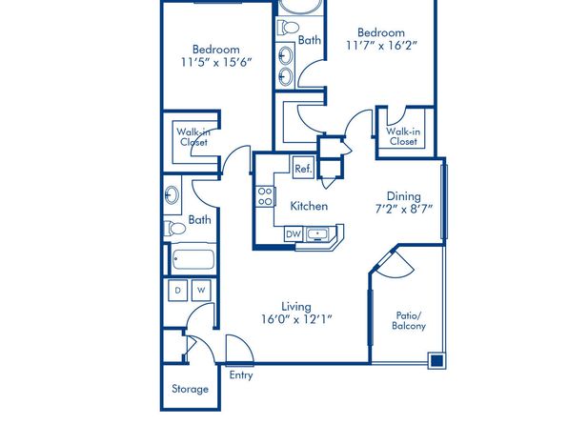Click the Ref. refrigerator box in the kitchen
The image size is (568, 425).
click(x=303, y=168)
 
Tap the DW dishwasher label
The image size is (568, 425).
click(x=294, y=234)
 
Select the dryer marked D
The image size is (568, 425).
click(x=178, y=291)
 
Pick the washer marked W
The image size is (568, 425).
click(x=201, y=291)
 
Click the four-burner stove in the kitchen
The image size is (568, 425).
click(x=265, y=196)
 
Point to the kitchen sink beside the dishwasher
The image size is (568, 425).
click(x=317, y=234)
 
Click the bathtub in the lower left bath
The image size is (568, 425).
click(x=193, y=259)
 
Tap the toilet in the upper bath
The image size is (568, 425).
click(x=288, y=28)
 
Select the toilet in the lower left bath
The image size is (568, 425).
click(x=174, y=229)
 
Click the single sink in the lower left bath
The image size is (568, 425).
click(x=172, y=195)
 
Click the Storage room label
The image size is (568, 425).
click(x=191, y=389)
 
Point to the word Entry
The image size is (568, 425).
click(x=241, y=375)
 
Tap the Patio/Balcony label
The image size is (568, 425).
click(x=409, y=320)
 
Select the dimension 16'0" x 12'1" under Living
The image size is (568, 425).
click(x=296, y=319)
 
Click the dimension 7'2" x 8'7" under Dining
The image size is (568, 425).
click(x=404, y=209)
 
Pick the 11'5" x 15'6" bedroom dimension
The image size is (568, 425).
click(x=216, y=62)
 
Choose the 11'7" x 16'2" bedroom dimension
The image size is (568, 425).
click(x=381, y=46)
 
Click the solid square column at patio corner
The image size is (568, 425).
click(x=437, y=360)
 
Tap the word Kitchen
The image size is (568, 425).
click(x=309, y=206)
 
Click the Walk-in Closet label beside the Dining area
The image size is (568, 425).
click(x=403, y=136)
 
